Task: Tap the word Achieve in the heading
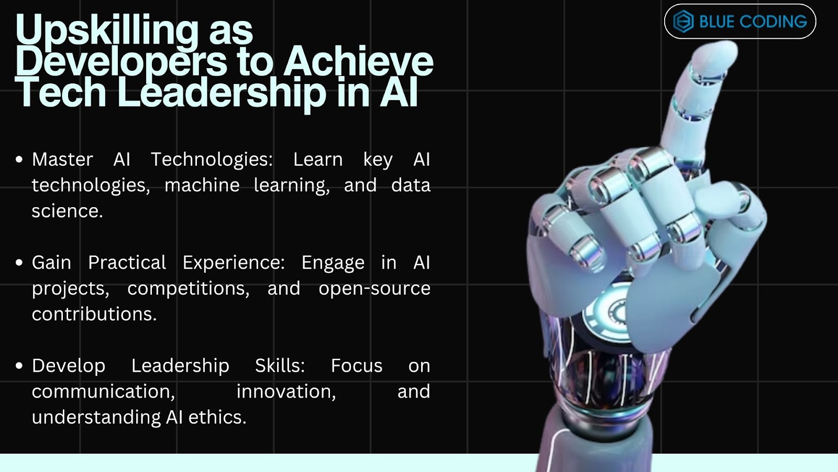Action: coord(358,61)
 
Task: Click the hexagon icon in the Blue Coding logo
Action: coord(683,22)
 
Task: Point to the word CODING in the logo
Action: coord(773,22)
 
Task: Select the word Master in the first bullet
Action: coord(62,159)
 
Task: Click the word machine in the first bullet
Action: coord(202,186)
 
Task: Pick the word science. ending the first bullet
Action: coord(68,211)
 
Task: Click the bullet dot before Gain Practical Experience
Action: coord(19,263)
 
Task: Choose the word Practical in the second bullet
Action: coord(127,263)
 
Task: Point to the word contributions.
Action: coord(94,314)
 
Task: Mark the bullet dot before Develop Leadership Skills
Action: coord(19,366)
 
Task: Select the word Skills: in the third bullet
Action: coord(280,366)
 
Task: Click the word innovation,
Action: coord(286,392)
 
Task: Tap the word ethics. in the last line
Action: coord(217,417)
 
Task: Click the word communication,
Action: coord(104,392)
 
